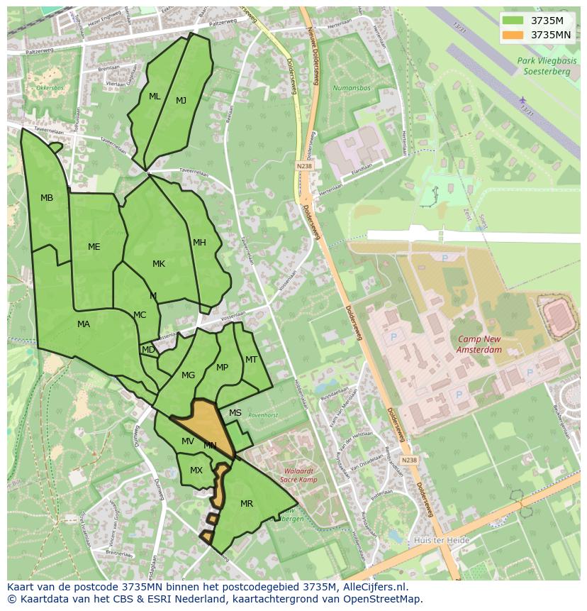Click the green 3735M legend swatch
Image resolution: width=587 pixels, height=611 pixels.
coord(514,21)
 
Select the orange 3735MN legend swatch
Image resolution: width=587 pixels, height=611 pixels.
coord(514,35)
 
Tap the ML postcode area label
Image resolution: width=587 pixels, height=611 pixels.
coord(155,97)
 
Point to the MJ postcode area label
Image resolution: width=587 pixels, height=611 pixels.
coord(181,101)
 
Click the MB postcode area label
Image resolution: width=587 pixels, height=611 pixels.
coord(47,198)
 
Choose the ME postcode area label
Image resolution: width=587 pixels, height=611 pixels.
coord(94,247)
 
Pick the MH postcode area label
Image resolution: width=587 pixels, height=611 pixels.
coord(199,243)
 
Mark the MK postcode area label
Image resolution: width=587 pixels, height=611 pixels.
coord(159,264)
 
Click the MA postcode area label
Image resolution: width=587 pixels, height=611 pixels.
coord(84,324)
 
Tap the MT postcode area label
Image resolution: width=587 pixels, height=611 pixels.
coord(251,360)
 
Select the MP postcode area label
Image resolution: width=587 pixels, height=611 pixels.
coord(223,368)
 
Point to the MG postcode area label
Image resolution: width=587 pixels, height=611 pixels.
coord(188,375)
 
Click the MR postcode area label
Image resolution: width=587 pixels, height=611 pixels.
coord(247,504)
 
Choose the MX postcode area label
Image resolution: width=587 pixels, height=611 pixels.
coord(196,470)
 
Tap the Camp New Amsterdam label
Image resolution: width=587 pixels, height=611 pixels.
coord(479,345)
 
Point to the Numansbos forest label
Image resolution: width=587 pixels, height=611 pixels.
coord(352,88)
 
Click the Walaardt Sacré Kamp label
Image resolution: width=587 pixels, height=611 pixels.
coord(296,475)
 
